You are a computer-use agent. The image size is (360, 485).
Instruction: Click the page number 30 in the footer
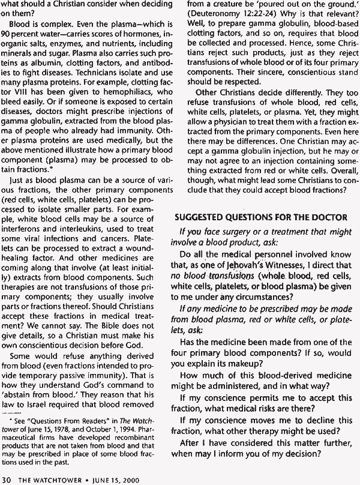[7, 478]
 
